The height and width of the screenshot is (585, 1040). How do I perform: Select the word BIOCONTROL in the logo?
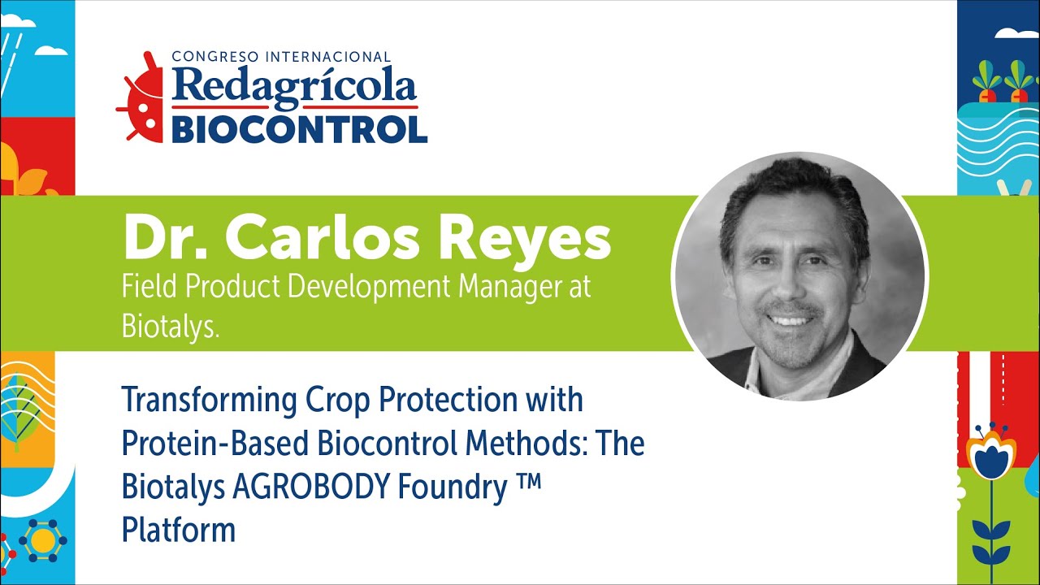point(299,128)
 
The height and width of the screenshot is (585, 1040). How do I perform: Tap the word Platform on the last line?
point(178,530)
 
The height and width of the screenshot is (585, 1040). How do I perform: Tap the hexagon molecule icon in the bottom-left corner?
point(42,539)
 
